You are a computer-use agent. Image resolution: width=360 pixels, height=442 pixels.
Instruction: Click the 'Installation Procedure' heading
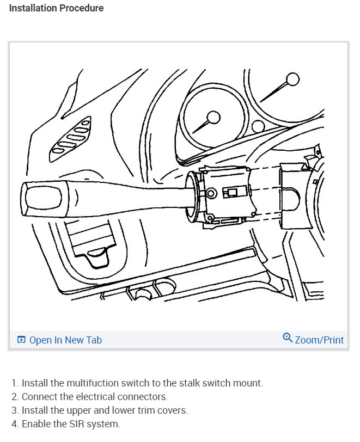(x=57, y=8)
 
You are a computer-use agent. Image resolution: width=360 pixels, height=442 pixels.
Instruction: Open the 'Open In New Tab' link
(x=65, y=340)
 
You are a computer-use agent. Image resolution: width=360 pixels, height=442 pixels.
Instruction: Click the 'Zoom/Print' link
(x=319, y=340)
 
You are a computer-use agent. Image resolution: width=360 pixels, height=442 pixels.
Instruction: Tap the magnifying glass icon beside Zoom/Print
(x=288, y=338)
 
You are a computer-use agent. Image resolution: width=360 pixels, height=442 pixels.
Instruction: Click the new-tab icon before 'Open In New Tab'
(x=21, y=340)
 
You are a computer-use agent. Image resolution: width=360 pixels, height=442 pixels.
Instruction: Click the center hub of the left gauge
(x=213, y=118)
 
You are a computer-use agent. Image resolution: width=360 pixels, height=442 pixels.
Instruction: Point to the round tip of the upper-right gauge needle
(x=293, y=80)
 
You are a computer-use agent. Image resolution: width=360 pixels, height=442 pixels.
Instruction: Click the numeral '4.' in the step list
(x=15, y=424)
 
